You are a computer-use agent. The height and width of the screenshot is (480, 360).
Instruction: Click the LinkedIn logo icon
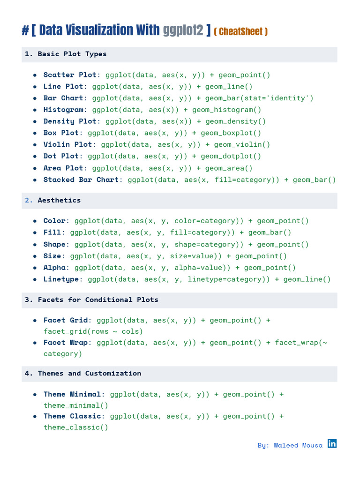332,443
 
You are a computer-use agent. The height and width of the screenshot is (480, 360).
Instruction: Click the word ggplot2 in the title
183,31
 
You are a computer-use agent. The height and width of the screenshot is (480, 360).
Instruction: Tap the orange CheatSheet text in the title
240,32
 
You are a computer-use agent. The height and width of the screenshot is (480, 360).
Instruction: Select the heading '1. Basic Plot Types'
66,54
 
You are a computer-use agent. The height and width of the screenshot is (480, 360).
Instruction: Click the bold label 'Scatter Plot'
70,75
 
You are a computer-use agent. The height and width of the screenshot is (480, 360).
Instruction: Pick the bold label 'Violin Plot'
68,144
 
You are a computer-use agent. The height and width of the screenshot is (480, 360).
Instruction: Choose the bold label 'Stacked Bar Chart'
81,180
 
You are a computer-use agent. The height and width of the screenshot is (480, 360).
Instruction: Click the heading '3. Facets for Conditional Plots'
91,300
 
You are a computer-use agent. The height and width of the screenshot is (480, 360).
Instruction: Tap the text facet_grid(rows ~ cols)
93,331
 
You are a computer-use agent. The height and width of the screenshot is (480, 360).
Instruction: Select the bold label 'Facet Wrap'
66,343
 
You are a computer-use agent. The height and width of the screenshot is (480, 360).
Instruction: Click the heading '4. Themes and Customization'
83,374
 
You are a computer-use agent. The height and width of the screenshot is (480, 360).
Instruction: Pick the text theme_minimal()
76,405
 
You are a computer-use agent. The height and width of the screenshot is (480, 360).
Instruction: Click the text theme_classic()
76,427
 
